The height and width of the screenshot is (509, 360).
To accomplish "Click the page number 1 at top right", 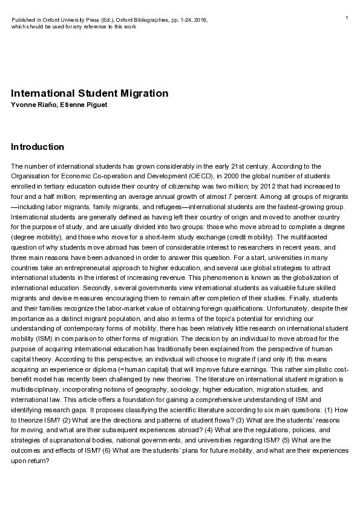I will (347, 18).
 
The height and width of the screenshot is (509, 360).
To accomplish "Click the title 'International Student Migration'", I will (90, 94).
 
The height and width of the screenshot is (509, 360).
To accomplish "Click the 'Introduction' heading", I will (38, 147).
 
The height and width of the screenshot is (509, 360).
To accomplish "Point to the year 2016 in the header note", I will (201, 20).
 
